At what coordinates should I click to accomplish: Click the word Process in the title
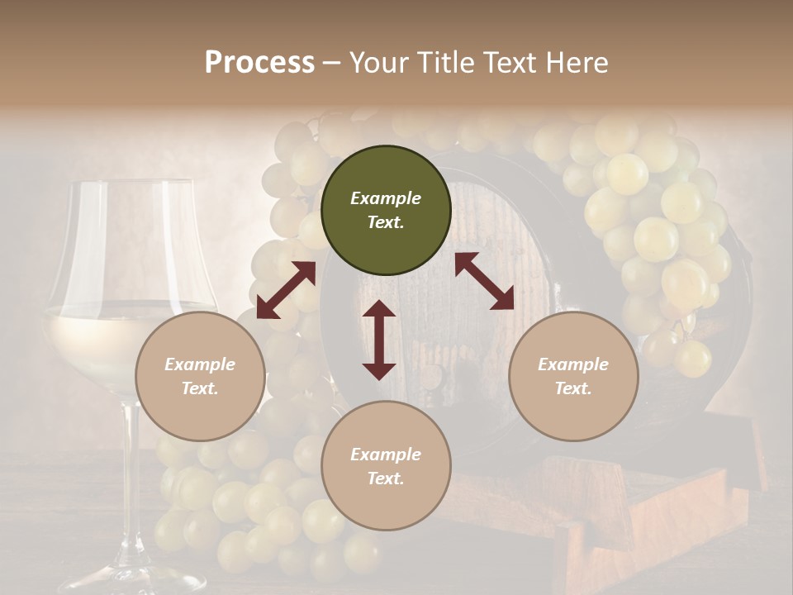click(259, 63)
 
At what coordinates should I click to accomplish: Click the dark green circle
click(386, 211)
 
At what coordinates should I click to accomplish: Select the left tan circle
click(200, 376)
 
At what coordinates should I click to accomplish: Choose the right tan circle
click(573, 376)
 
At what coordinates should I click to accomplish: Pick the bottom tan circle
click(386, 466)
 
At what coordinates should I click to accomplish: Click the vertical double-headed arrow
click(379, 340)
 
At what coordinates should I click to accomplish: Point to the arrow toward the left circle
click(286, 290)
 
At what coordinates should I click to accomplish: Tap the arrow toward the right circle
click(485, 281)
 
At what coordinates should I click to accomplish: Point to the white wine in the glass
click(91, 339)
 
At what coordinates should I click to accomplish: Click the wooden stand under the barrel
click(628, 512)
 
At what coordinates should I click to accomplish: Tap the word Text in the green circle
click(385, 222)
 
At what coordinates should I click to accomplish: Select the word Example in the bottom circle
click(386, 455)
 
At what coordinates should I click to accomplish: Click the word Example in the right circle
click(573, 364)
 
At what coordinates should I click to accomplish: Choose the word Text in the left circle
click(200, 388)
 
